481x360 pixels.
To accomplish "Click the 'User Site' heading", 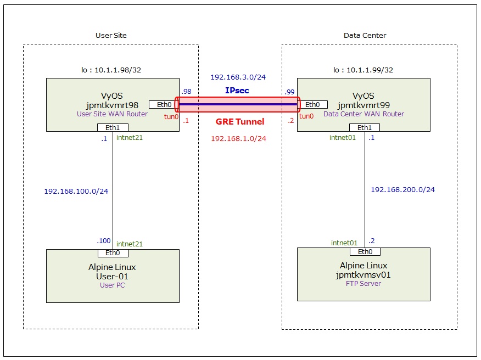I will (x=111, y=35).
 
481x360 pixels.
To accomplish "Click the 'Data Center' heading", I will (x=365, y=35).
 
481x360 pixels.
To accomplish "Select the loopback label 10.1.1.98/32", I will (x=112, y=70).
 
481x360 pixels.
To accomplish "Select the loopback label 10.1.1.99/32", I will (x=363, y=70).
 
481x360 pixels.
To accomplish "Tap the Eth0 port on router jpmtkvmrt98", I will (x=164, y=105).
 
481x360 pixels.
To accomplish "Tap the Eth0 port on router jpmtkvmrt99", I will (x=312, y=105).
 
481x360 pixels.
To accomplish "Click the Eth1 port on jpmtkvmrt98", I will (x=113, y=128).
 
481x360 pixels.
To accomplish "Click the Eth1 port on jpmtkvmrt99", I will (x=364, y=128).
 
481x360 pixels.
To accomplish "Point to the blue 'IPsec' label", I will (x=237, y=91).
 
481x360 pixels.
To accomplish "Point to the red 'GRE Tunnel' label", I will (x=239, y=122).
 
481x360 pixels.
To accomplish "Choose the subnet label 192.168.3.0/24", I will (x=238, y=78).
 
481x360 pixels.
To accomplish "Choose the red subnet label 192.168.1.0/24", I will (x=238, y=139).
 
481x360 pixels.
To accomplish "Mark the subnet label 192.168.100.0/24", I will (x=76, y=192).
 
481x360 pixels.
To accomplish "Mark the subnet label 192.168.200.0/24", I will (x=402, y=189).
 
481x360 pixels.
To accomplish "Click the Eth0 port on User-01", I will (x=113, y=253).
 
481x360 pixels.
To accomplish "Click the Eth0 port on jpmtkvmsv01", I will (x=365, y=252).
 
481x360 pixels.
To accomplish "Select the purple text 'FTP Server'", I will (x=363, y=284).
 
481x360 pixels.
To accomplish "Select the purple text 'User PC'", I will (x=112, y=285).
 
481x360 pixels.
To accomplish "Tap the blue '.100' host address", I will (x=103, y=241).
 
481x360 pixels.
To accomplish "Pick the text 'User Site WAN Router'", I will (x=112, y=114).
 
